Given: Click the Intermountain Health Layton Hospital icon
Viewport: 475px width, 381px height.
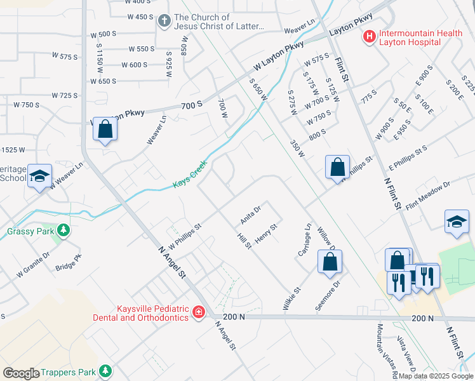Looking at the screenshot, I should pyautogui.click(x=368, y=37).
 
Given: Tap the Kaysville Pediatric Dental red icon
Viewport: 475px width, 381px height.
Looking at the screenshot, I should pyautogui.click(x=198, y=312).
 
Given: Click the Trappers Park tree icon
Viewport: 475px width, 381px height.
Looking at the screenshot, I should pyautogui.click(x=104, y=371).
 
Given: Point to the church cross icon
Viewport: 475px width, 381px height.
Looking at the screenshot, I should pyautogui.click(x=164, y=21).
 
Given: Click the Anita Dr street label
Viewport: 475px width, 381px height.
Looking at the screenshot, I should pyautogui.click(x=251, y=215).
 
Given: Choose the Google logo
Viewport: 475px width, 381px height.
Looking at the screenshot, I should pyautogui.click(x=21, y=373).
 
